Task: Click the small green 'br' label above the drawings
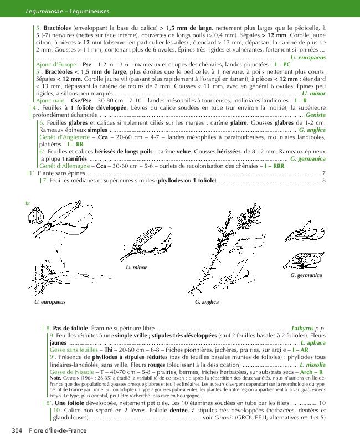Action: (28, 203)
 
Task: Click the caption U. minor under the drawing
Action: (136, 268)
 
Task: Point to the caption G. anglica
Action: (207, 302)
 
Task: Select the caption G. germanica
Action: (306, 275)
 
